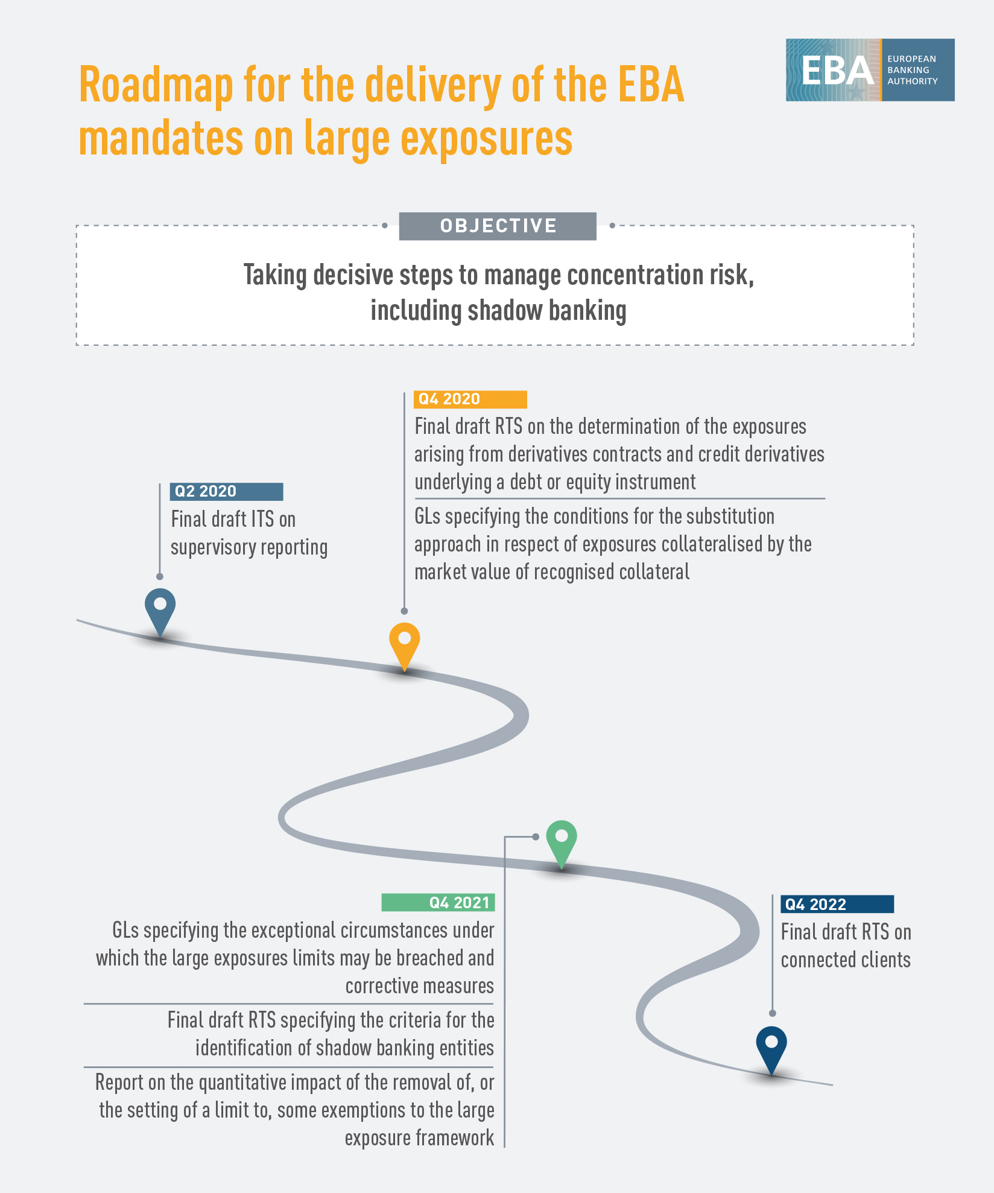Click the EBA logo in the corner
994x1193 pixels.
tap(869, 70)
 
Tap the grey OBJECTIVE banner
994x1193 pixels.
tap(498, 226)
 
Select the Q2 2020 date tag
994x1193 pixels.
tap(226, 491)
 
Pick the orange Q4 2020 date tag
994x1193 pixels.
tap(470, 399)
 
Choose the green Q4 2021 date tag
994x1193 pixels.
tap(438, 902)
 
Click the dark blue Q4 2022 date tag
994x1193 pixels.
tap(837, 904)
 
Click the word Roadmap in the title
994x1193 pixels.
tap(156, 86)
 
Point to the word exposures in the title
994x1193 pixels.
tap(486, 139)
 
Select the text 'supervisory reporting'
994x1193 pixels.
tap(249, 547)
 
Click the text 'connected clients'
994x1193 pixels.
tap(846, 959)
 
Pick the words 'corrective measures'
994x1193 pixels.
tap(419, 986)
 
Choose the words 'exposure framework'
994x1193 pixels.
tap(419, 1138)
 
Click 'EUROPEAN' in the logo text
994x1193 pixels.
tap(911, 59)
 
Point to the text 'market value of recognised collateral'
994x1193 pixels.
tap(551, 571)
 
